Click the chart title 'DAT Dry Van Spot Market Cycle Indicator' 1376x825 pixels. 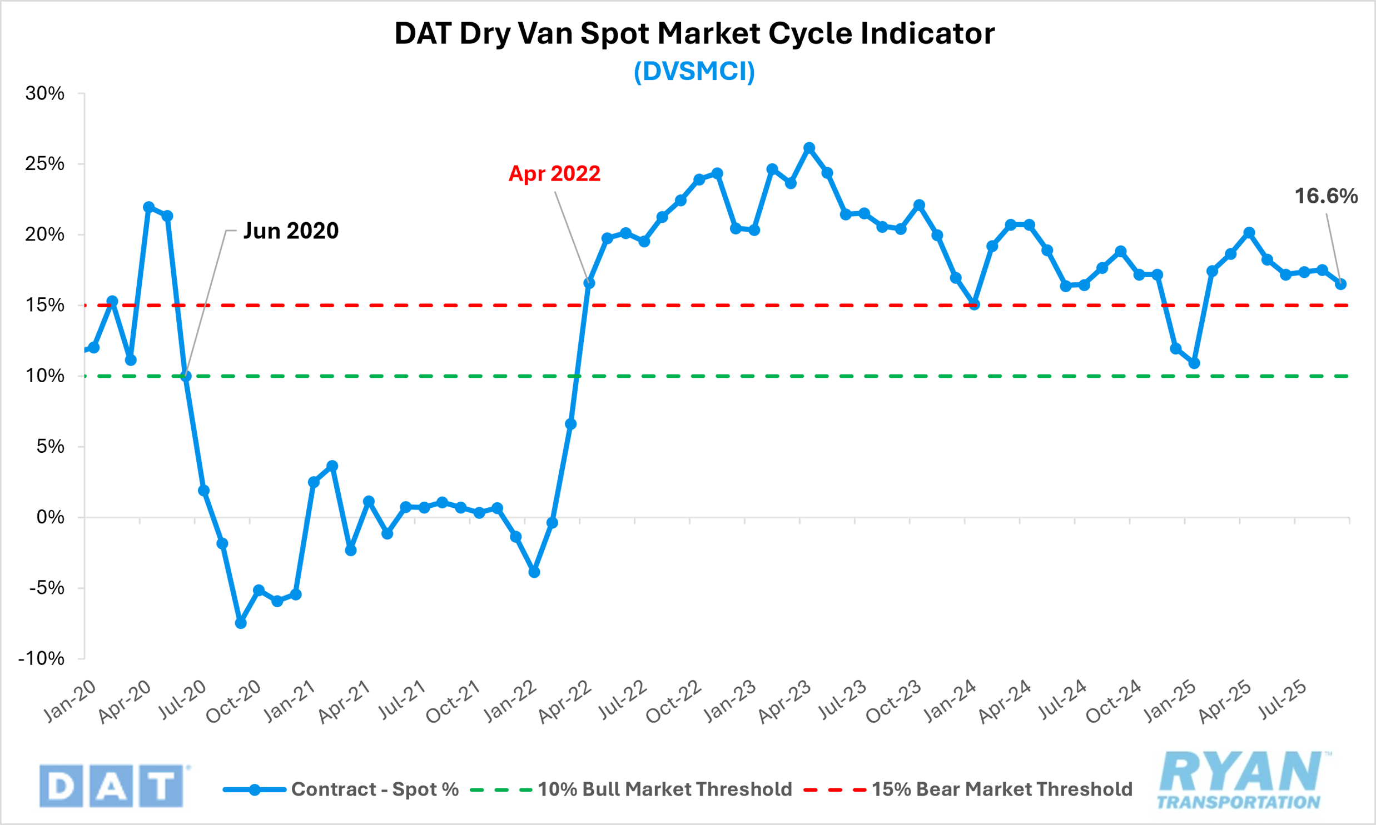[x=694, y=33]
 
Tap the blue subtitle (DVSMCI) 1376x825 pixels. [x=694, y=72]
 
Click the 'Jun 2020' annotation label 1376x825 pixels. [x=291, y=231]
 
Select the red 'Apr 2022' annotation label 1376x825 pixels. [x=554, y=174]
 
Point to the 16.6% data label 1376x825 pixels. [x=1326, y=196]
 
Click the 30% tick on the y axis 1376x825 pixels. [x=44, y=93]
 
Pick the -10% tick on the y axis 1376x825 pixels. [x=42, y=659]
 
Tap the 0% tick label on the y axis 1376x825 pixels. [x=50, y=517]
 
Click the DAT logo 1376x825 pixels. [x=111, y=786]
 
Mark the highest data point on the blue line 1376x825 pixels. [x=809, y=148]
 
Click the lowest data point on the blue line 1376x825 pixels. [x=241, y=623]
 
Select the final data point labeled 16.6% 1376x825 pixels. [x=1341, y=284]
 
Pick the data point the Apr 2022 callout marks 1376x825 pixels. [x=589, y=283]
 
